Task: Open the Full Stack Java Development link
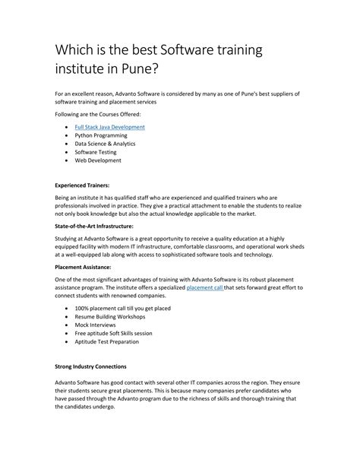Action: click(109, 127)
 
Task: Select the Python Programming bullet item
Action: click(101, 135)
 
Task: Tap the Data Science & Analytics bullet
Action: click(105, 144)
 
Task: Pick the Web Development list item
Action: click(97, 160)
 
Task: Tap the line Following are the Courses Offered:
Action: click(98, 113)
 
